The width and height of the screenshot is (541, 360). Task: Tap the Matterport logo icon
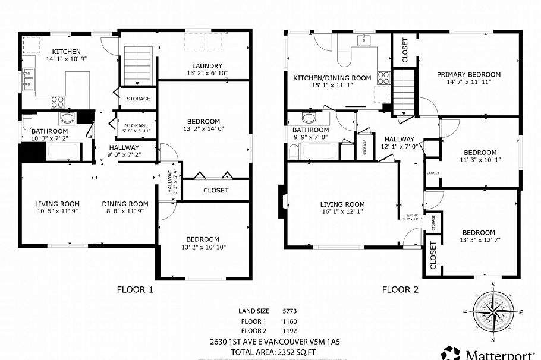tap(449, 352)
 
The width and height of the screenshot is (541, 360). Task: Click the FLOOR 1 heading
tap(135, 290)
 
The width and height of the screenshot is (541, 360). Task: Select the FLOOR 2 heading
tap(400, 290)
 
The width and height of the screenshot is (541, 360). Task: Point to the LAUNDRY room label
tap(207, 66)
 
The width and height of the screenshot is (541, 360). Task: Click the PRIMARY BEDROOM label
tap(468, 75)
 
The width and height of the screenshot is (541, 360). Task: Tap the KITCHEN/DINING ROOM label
tap(332, 78)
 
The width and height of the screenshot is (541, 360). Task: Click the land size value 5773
tap(290, 311)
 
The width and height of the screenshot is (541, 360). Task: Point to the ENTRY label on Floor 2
tap(412, 216)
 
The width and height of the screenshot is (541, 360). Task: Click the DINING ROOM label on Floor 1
tap(125, 203)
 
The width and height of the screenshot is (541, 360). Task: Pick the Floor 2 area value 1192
tap(290, 331)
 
